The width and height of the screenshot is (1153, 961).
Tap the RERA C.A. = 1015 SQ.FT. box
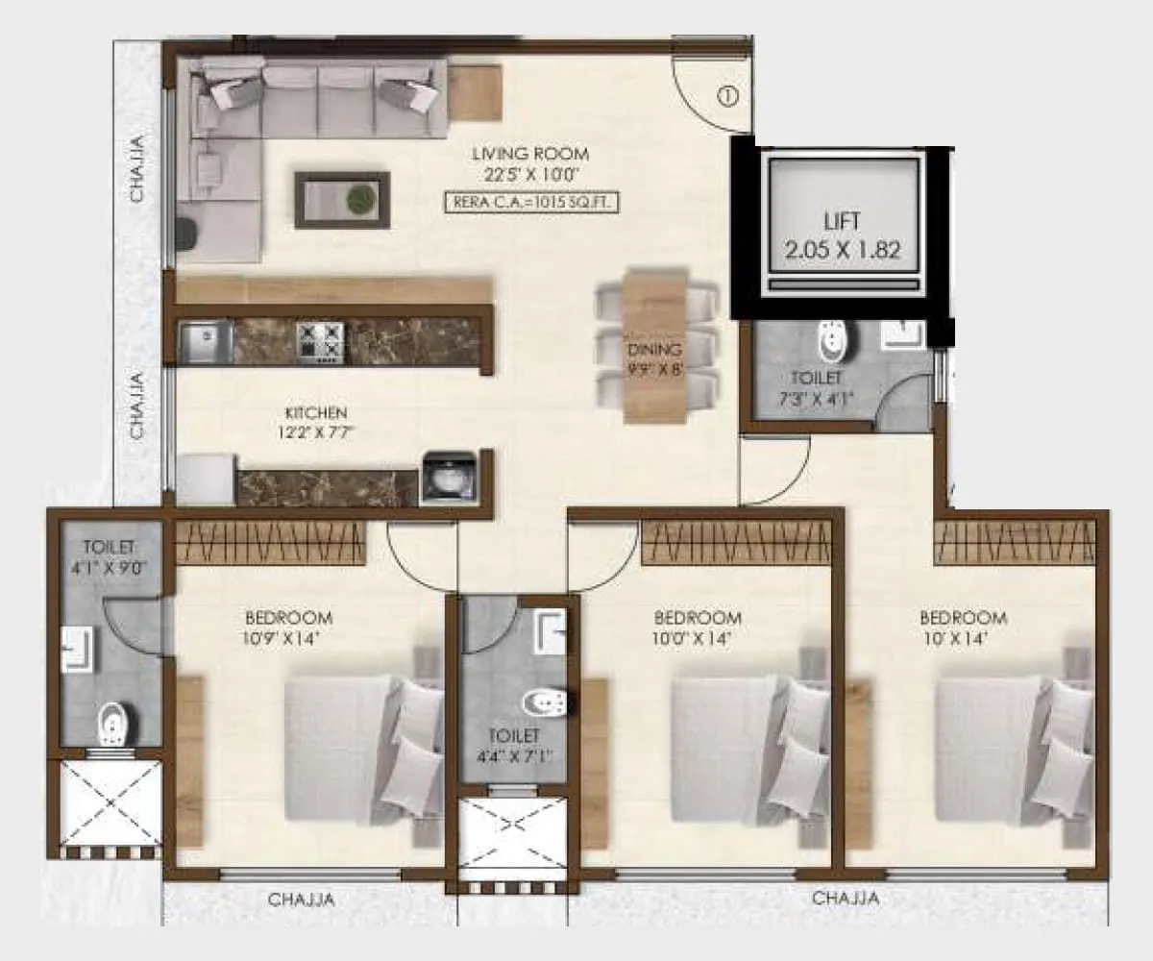[x=530, y=203]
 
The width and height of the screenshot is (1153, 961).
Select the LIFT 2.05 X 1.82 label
[x=842, y=236]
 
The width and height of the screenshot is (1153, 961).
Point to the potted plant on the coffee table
[x=360, y=199]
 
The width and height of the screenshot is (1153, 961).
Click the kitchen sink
[x=205, y=342]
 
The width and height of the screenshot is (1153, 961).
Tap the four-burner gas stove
[x=320, y=341]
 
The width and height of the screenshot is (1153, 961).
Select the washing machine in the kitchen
[x=448, y=476]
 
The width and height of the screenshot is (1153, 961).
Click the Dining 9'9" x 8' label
[x=654, y=358]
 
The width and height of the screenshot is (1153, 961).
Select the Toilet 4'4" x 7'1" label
[x=512, y=746]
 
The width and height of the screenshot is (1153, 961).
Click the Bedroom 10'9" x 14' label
[x=288, y=626]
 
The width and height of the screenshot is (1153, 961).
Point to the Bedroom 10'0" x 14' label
[x=697, y=627]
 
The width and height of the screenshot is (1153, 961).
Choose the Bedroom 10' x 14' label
[x=963, y=627]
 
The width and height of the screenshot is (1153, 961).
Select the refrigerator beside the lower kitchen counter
[x=205, y=478]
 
